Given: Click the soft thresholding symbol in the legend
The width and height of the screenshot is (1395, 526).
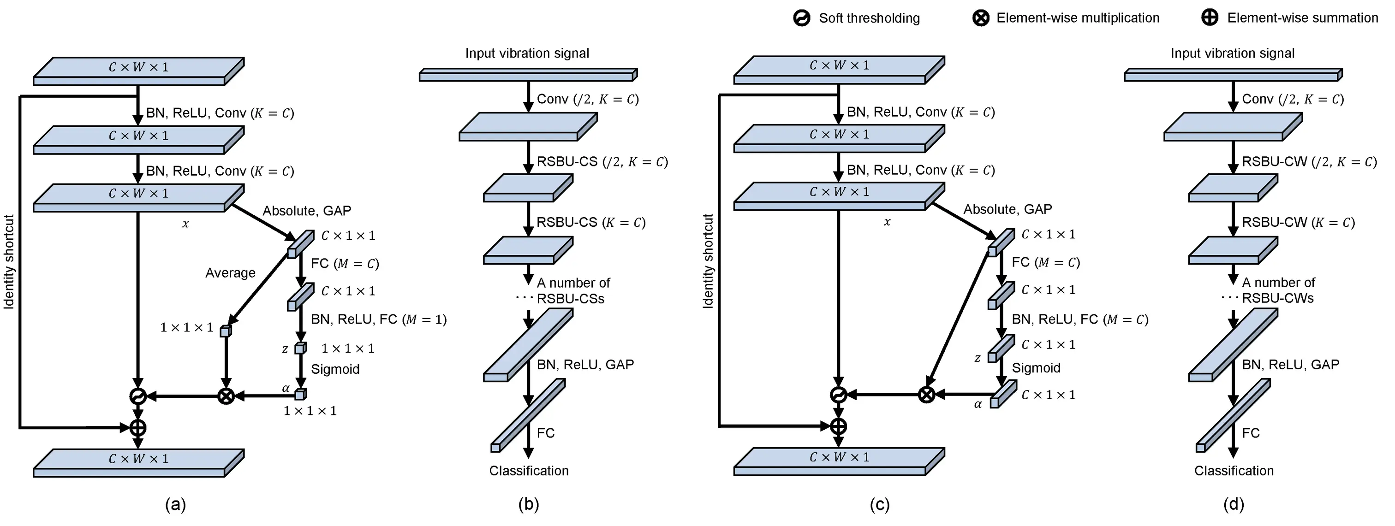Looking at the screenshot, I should pos(801,18).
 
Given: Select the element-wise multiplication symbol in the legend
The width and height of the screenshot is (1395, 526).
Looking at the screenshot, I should pos(981,18).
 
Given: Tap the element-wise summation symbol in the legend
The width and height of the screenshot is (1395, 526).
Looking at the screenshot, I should pos(1209,18).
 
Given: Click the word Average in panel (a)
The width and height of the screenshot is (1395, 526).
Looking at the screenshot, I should pos(230,273).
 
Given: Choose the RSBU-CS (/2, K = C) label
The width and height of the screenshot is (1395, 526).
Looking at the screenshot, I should pos(602,162).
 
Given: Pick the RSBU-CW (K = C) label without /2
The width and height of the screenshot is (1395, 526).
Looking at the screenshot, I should pos(1298,222).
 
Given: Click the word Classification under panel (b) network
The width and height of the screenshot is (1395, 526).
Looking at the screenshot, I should pos(529,471).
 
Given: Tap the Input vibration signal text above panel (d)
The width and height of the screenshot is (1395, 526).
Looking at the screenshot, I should pos(1232,53).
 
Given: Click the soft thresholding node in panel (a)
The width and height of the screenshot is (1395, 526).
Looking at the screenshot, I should pos(138,396).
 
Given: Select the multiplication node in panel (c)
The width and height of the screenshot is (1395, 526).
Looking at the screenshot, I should pos(927,395).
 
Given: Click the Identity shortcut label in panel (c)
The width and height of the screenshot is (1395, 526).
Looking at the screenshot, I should pos(708,261).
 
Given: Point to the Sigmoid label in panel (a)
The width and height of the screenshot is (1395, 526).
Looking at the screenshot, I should pos(335,369).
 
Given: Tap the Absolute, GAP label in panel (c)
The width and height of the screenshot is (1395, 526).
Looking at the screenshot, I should pos(1007,209).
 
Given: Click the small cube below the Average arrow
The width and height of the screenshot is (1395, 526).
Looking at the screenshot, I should pos(225,331).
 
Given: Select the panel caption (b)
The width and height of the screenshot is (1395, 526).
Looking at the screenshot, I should pos(529,504).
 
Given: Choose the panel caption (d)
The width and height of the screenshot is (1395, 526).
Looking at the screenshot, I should pos(1233,504).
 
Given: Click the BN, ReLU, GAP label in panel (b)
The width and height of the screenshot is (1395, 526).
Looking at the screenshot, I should pos(585,365).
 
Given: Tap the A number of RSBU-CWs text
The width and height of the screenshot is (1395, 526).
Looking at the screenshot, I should pos(1277,290).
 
